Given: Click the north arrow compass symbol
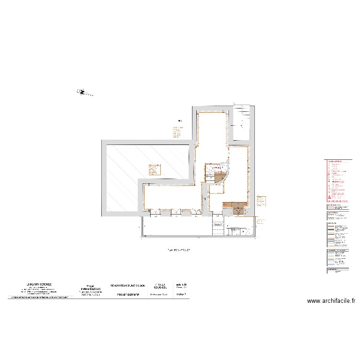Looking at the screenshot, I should point(82,92).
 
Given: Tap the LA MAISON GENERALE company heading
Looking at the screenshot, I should point(39,284).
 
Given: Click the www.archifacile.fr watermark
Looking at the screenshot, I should point(331,301).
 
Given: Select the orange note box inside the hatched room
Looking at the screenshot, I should point(154,169).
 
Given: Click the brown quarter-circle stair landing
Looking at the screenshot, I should point(220,178).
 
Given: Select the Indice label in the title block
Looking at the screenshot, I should point(181,294).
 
